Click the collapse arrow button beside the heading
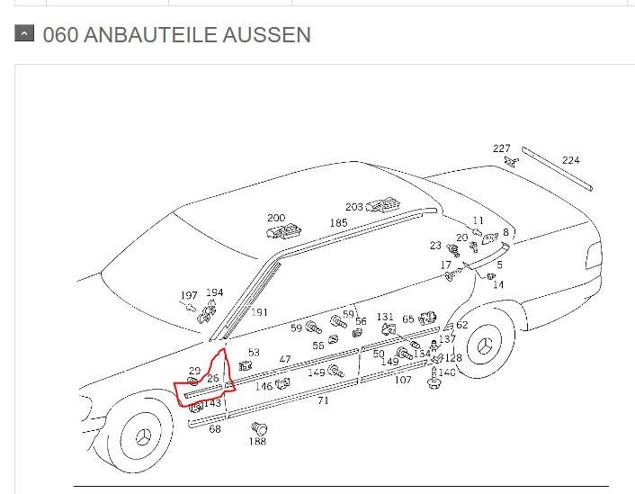pos(24,33)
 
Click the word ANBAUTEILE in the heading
pos(150,34)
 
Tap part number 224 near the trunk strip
pos(570,160)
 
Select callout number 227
pos(501,148)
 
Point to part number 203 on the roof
pos(354,207)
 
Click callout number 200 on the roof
pos(276,218)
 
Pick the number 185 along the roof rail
pos(338,222)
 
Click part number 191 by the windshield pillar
pos(259,312)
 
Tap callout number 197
pos(189,295)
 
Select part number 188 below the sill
pos(257,441)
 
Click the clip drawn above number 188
pos(259,428)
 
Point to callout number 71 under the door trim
pos(323,400)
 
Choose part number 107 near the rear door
pos(403,380)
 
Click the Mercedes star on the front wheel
pos(142,437)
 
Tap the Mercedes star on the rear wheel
pos(484,346)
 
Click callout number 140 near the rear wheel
pos(447,372)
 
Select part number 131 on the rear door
pos(385,317)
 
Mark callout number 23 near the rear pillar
pos(435,245)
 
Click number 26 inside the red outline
pos(213,378)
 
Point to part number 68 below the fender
pos(215,428)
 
